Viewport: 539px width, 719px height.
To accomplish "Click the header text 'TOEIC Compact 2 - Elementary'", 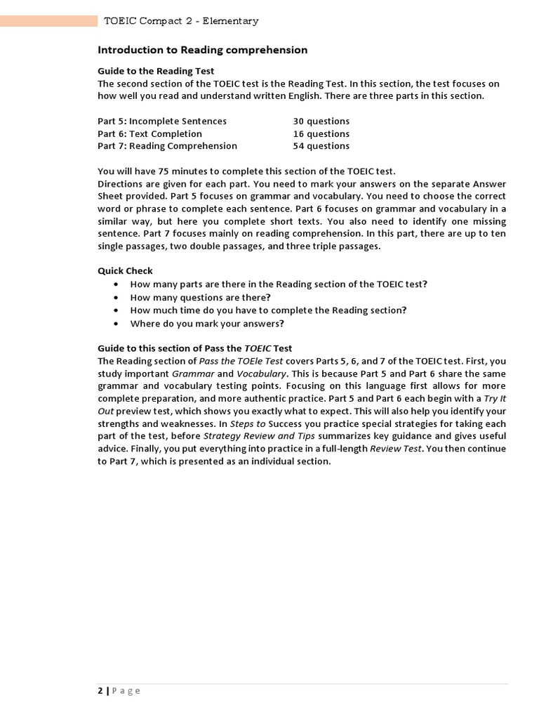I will coord(181,21).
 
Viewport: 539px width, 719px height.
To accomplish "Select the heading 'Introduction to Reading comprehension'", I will coord(202,50).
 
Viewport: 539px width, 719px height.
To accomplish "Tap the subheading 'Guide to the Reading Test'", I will coord(156,71).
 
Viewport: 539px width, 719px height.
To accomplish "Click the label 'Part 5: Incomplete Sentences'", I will coord(162,121).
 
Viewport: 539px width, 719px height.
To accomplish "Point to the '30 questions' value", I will coord(321,121).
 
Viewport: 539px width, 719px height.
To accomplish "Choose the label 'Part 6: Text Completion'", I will coord(149,133).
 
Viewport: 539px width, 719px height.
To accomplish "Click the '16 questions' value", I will coord(321,133).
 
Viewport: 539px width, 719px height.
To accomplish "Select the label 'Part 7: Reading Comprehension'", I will coord(167,146).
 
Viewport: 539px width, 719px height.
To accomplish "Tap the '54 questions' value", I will coord(321,146).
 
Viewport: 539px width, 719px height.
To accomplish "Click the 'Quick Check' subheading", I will coord(125,271).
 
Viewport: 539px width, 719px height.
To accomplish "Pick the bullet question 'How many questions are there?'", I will coord(201,297).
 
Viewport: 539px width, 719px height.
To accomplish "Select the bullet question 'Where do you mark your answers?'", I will coord(207,324).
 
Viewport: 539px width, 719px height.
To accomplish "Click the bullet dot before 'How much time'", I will coord(115,310).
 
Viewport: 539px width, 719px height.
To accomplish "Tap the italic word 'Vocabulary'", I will coord(261,374).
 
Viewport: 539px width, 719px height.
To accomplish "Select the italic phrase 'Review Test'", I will coord(396,449).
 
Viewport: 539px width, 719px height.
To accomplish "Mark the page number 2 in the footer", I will coord(100,691).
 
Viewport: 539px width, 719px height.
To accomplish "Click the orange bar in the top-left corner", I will coord(48,21).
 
